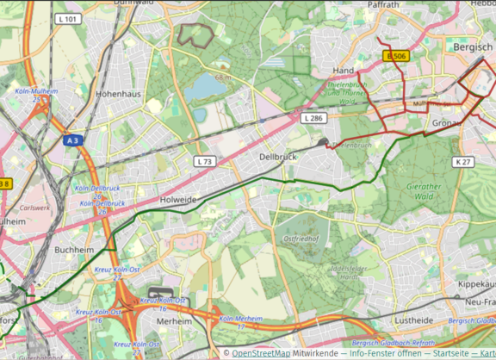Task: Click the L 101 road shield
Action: coord(68,18)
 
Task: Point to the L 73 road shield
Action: coord(204,161)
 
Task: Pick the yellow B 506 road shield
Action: coord(395,56)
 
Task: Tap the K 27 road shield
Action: coord(463,161)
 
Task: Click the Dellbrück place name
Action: coord(278,157)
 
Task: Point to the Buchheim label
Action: coord(72,250)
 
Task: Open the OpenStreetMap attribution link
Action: coord(261,353)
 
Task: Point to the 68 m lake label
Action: coord(225,78)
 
